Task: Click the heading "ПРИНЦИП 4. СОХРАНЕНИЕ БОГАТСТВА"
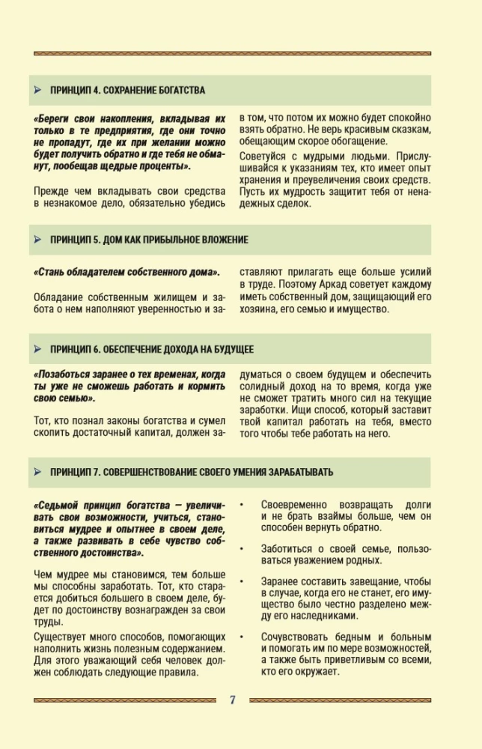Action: click(x=127, y=90)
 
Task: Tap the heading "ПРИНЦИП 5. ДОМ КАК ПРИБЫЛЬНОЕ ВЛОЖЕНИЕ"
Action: click(x=149, y=240)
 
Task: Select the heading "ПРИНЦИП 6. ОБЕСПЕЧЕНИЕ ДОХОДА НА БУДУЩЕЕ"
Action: click(x=151, y=349)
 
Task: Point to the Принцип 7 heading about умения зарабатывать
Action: click(x=192, y=472)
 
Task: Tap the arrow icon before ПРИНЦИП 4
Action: click(x=37, y=90)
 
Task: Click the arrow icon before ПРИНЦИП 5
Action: click(x=37, y=240)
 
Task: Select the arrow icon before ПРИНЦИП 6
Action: click(x=37, y=349)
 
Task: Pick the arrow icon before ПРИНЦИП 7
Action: click(x=37, y=472)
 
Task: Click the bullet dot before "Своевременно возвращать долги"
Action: click(x=242, y=505)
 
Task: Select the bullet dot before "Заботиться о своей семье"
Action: click(x=242, y=548)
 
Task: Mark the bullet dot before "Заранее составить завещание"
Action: click(x=242, y=581)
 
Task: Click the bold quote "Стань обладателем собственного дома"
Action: click(x=126, y=271)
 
